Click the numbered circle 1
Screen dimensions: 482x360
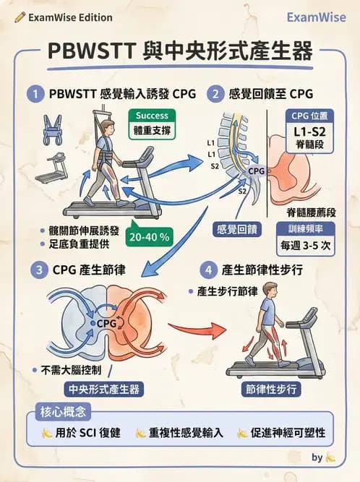coord(33,94)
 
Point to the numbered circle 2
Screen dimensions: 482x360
coord(215,94)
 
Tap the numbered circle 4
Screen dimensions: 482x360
coord(207,272)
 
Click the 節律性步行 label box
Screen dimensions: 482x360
coord(271,389)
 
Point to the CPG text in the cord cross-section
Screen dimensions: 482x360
coord(107,323)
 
